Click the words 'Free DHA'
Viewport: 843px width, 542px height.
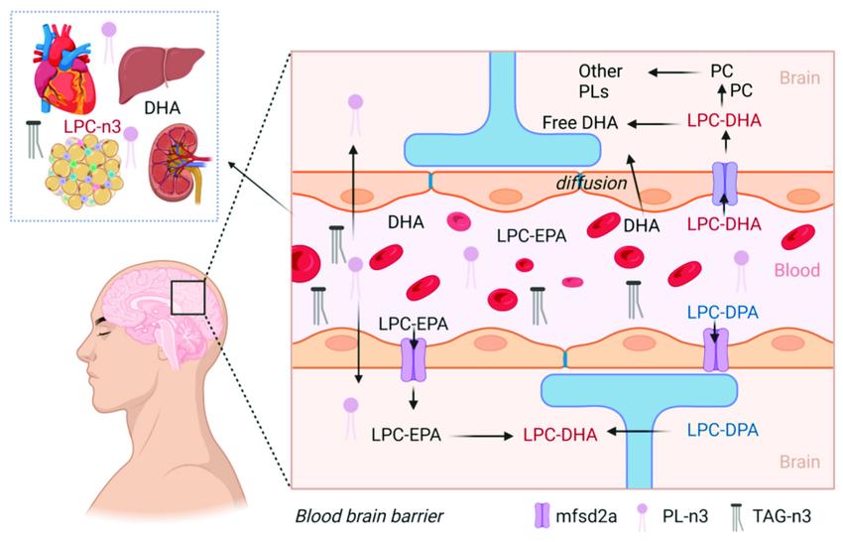pos(580,123)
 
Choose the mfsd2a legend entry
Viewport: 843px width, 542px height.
pos(569,515)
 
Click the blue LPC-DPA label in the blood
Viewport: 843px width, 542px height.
pos(722,312)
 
